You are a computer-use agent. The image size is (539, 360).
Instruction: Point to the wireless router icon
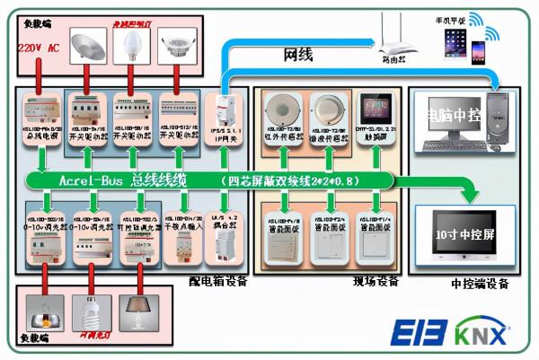(x=394, y=38)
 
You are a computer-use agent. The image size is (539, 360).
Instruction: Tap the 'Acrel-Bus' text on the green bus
(x=93, y=180)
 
